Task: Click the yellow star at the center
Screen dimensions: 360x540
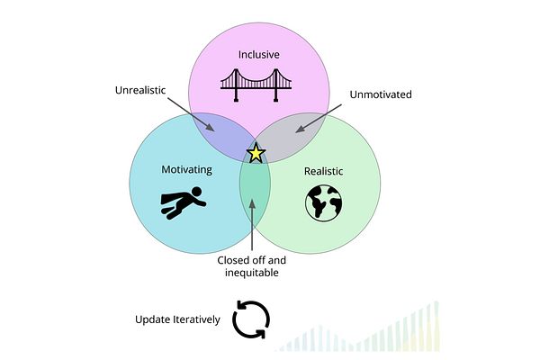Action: [x=256, y=153]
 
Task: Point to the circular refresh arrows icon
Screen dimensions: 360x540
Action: [x=250, y=319]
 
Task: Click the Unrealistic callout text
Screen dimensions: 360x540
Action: [x=146, y=91]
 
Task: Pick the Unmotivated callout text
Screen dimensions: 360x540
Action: [x=375, y=92]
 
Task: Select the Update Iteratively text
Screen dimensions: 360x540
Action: [x=177, y=319]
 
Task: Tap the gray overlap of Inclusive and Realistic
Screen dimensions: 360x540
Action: [x=293, y=135]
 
